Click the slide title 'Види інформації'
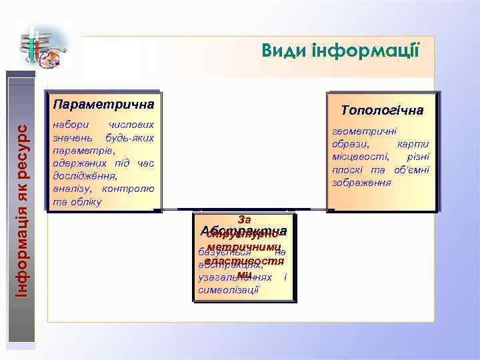(x=340, y=50)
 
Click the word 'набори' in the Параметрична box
(x=69, y=125)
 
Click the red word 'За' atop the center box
(x=242, y=219)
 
